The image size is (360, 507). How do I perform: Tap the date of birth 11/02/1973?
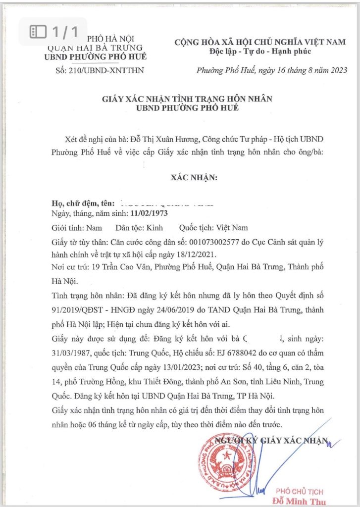point(149,214)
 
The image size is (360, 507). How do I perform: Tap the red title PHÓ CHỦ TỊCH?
point(300,491)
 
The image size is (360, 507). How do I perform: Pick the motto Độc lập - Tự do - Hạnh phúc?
point(259,52)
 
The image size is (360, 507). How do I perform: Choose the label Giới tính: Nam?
point(77,228)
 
